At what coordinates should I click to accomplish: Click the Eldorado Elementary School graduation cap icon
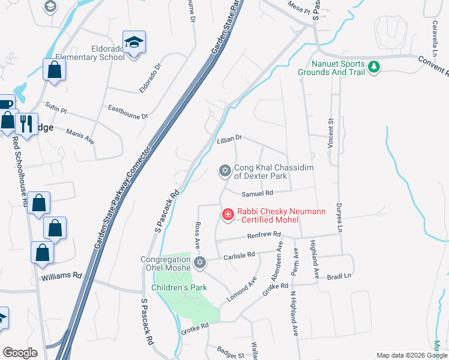pyautogui.click(x=134, y=43)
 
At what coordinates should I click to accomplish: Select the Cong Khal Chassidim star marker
pyautogui.click(x=224, y=172)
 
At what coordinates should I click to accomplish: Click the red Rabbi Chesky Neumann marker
pyautogui.click(x=228, y=214)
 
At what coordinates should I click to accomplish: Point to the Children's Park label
pyautogui.click(x=179, y=288)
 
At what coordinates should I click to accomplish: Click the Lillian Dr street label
pyautogui.click(x=229, y=138)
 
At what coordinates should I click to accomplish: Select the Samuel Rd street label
pyautogui.click(x=257, y=193)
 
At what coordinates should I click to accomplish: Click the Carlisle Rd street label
pyautogui.click(x=239, y=254)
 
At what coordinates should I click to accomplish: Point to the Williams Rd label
pyautogui.click(x=61, y=277)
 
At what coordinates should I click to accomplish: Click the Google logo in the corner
pyautogui.click(x=20, y=353)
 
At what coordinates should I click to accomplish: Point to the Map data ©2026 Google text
pyautogui.click(x=412, y=355)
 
